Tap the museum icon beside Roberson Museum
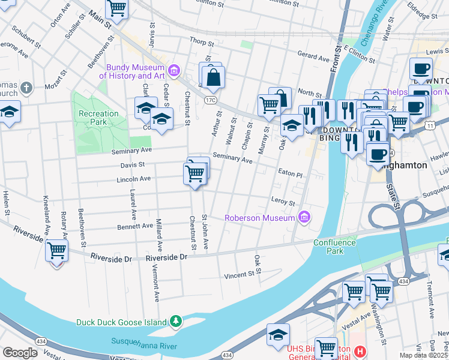(304, 217)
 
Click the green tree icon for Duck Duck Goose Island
(175, 322)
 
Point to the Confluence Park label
(336, 247)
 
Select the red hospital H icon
(360, 352)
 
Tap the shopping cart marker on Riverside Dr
(56, 250)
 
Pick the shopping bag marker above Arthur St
(213, 77)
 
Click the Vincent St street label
(240, 275)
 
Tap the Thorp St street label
(202, 43)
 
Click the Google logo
(20, 353)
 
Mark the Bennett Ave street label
(135, 226)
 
